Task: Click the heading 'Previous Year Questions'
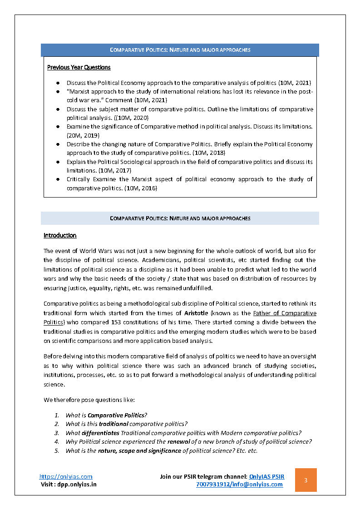(x=79, y=68)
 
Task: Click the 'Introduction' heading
(x=60, y=236)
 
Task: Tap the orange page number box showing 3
(x=306, y=480)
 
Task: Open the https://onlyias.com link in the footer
(x=66, y=476)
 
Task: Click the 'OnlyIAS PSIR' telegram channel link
(x=267, y=476)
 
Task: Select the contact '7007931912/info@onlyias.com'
(x=239, y=484)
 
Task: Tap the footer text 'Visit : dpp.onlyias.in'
(x=69, y=484)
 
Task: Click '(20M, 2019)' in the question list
(x=83, y=135)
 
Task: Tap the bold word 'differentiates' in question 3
(x=100, y=433)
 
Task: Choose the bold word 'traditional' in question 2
(x=114, y=424)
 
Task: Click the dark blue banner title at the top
(x=180, y=50)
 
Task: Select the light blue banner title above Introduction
(x=180, y=218)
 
